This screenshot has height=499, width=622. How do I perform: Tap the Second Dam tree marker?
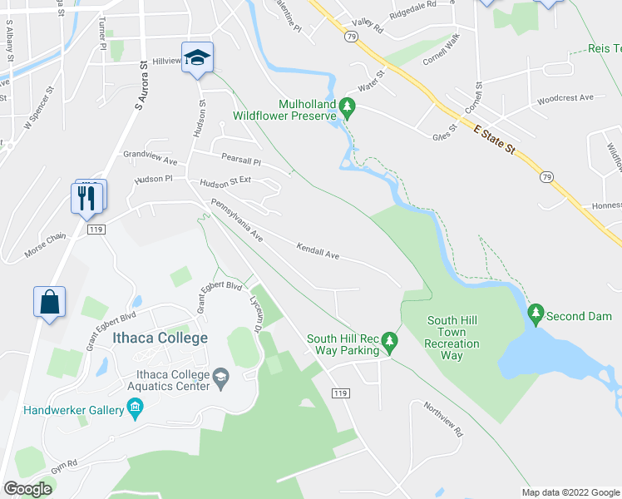coord(536,314)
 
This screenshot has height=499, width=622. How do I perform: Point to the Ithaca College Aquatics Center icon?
coord(220,379)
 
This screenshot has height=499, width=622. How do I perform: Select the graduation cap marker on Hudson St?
coord(197,57)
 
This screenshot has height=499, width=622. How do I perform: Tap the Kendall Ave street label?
coord(318,251)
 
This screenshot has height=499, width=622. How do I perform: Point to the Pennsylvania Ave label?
coord(236,220)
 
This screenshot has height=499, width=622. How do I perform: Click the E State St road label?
coord(496,140)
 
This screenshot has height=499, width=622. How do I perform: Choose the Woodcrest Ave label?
coord(565,98)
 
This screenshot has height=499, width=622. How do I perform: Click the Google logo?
coord(27,489)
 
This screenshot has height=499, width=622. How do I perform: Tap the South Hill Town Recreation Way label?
coord(452,338)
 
